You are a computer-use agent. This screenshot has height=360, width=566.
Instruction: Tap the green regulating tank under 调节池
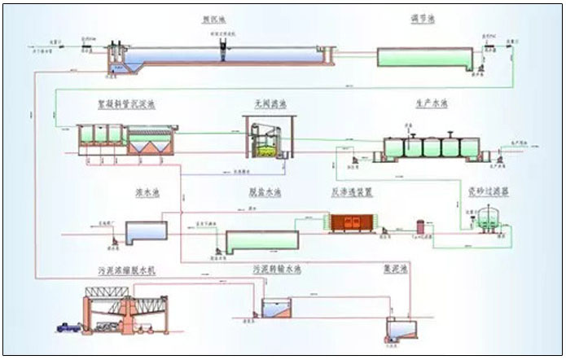point(424,57)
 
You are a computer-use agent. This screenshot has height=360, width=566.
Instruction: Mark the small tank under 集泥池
point(400,330)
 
